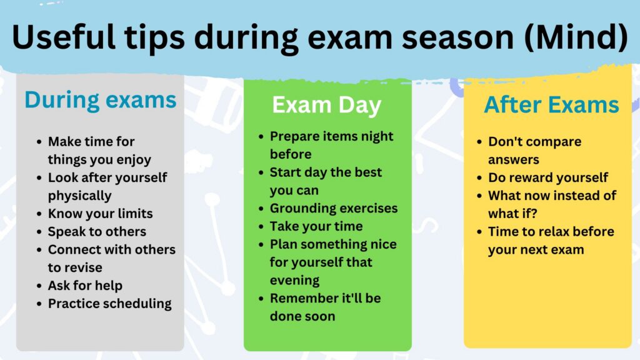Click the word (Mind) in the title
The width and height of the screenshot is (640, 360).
pos(576,37)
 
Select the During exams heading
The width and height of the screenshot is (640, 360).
pos(101,101)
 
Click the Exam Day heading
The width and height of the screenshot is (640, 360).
pos(326,105)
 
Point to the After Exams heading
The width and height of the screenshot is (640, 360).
pos(551,104)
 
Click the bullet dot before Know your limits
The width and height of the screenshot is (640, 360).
pos(39,214)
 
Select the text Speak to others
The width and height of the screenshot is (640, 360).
pos(97,232)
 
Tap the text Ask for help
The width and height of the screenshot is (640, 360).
pos(85,286)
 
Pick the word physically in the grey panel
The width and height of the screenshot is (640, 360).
pos(79,196)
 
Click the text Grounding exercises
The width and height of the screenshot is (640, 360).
pos(334,209)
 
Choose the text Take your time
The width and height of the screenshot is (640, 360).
pos(316,226)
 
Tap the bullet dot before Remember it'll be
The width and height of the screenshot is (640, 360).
pos(261,298)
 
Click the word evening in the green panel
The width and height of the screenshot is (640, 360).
pos(295,281)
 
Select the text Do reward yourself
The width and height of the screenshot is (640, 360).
pos(548,177)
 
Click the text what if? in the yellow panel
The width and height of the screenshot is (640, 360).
pos(512,214)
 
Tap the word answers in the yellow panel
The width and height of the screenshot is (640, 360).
pos(514,160)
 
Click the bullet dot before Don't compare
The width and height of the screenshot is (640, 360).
pos(479,142)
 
